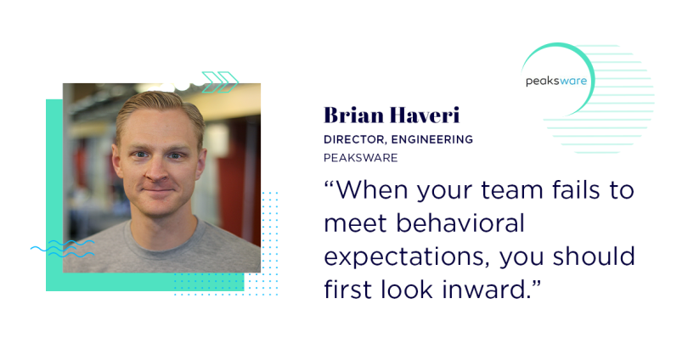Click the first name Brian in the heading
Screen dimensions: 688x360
(353, 115)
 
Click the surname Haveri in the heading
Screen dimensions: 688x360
(425, 115)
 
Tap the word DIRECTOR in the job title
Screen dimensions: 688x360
(354, 140)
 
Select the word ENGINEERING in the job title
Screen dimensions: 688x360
(432, 139)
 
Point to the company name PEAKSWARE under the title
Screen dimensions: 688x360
(361, 158)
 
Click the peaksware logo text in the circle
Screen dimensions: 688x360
(556, 81)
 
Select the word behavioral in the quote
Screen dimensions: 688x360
(460, 222)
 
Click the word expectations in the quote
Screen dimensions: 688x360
(407, 257)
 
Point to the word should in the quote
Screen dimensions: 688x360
(594, 256)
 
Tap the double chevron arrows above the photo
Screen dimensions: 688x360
(220, 82)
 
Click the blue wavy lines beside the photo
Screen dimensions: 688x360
(62, 248)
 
